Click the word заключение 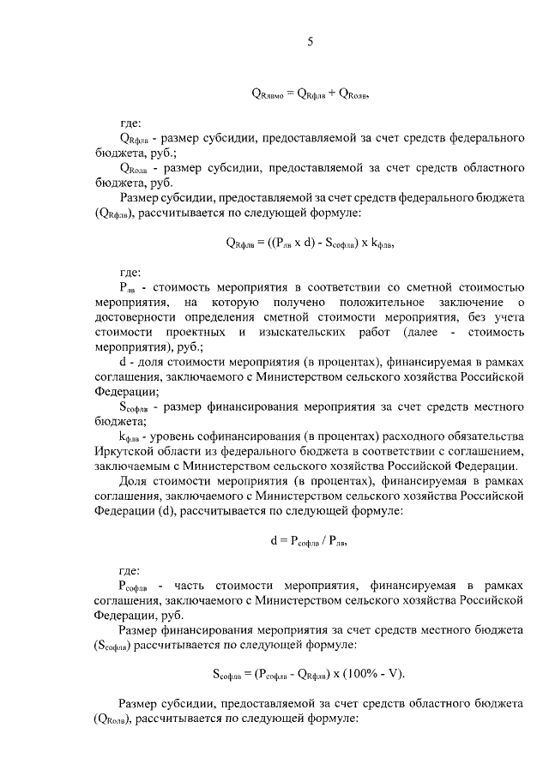[x=461, y=302]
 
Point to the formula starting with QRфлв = [x=310, y=243]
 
